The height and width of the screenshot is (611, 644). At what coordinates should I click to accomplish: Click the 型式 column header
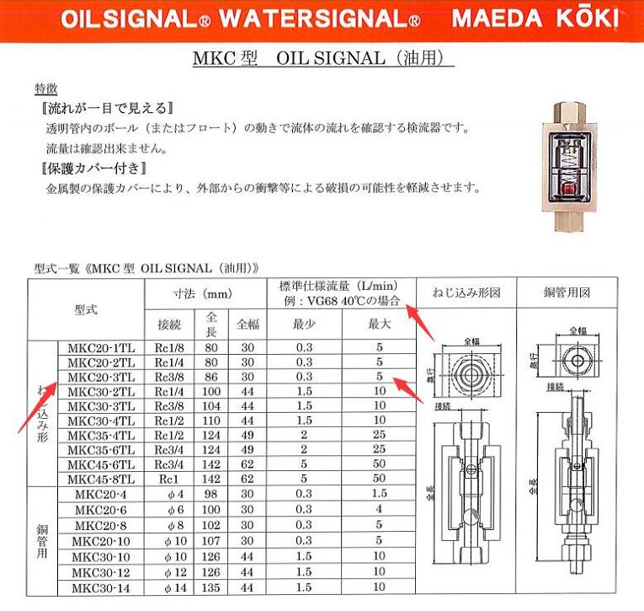(x=85, y=309)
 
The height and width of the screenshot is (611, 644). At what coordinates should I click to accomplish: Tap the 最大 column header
(x=380, y=324)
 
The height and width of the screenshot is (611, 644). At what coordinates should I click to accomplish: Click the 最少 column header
(x=304, y=324)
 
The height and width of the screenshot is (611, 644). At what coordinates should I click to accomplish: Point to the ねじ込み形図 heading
(x=466, y=293)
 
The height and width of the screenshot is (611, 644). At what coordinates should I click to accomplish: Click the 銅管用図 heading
(x=567, y=293)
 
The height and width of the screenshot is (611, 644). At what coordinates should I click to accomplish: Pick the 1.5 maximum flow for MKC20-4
(x=380, y=494)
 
